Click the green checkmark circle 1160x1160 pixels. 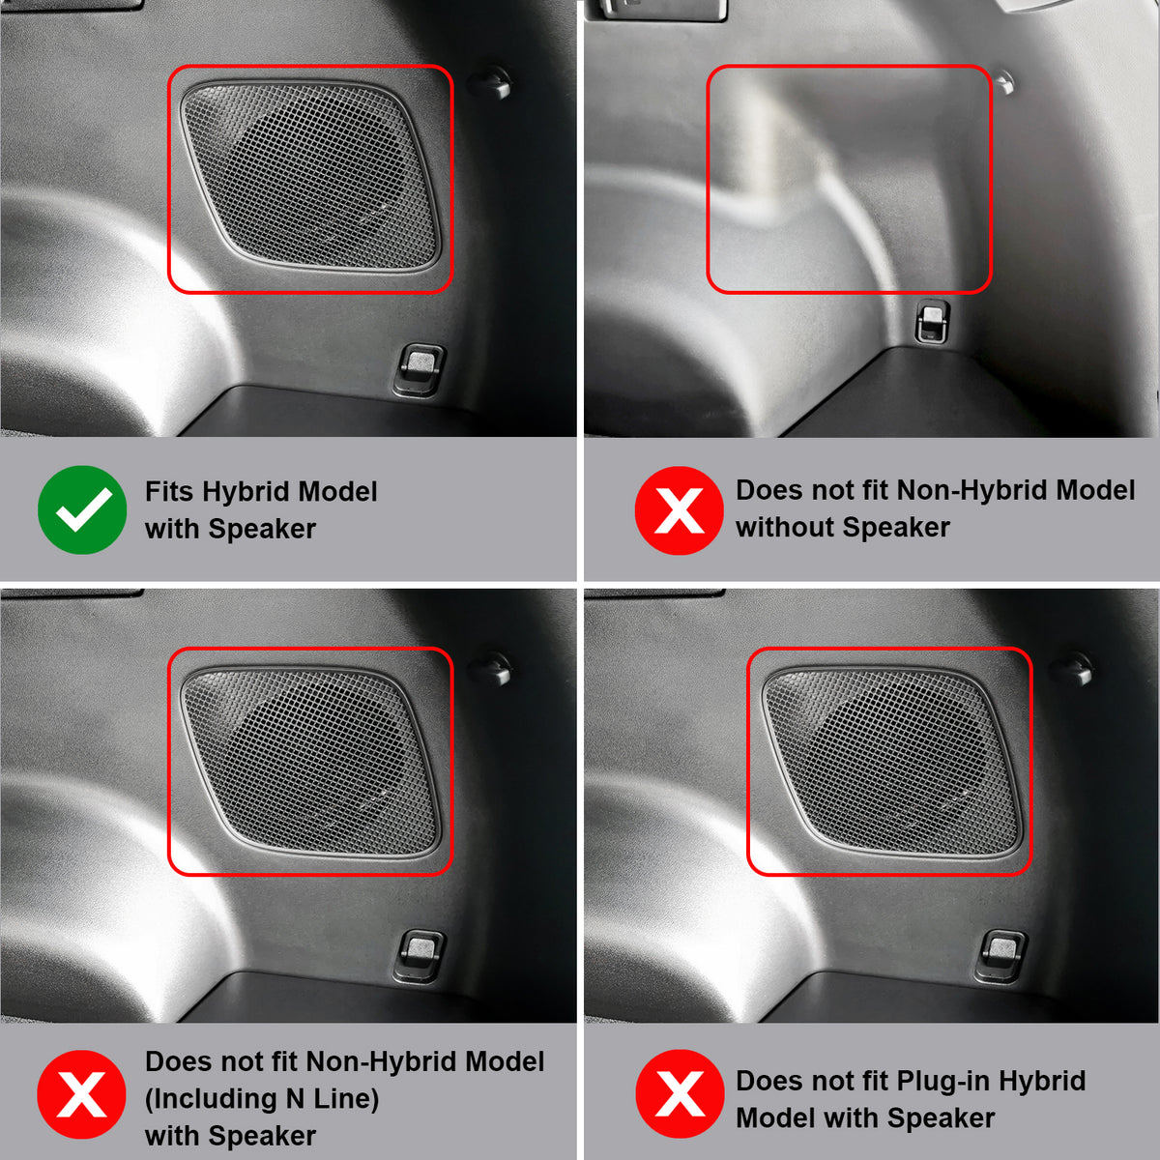[82, 509]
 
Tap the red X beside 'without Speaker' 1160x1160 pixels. [679, 510]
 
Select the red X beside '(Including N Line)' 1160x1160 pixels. [81, 1094]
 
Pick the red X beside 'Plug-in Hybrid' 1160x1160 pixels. [680, 1093]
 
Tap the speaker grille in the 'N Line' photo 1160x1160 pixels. [310, 762]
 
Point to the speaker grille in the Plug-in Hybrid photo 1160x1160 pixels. [891, 762]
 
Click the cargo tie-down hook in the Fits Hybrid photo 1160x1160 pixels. [420, 370]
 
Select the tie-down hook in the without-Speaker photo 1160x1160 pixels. [933, 322]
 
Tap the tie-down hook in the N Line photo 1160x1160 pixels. [420, 956]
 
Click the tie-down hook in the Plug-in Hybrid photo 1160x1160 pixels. [1000, 956]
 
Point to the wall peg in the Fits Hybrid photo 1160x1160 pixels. [492, 82]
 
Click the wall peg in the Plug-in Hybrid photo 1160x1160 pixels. [1073, 668]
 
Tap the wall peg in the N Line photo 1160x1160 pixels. [492, 668]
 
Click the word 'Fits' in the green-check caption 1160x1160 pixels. [169, 491]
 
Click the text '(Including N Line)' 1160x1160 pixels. [262, 1099]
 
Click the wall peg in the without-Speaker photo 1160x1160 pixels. [1004, 82]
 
